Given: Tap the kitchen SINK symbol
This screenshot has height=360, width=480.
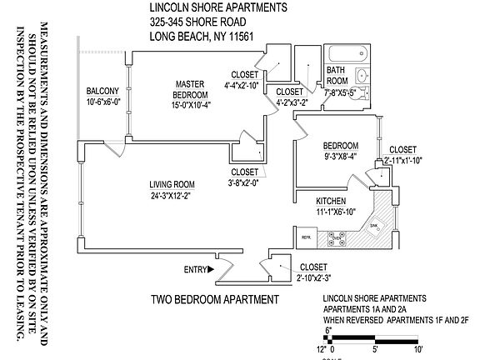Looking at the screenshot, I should [x=375, y=225].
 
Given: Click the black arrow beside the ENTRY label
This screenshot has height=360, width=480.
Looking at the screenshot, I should [x=212, y=269].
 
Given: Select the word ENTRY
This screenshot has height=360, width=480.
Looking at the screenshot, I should [x=193, y=269].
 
